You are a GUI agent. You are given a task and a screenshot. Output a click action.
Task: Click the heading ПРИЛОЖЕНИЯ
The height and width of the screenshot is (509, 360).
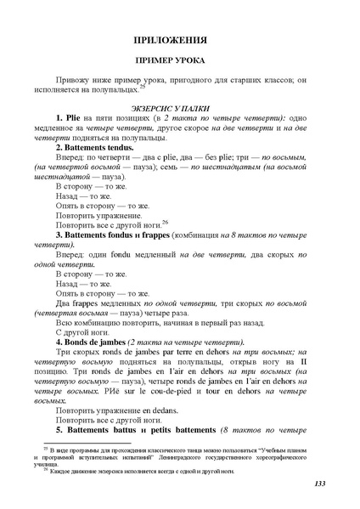180,41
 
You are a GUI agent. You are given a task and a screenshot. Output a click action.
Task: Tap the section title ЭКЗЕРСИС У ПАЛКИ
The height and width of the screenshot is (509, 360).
180,108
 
